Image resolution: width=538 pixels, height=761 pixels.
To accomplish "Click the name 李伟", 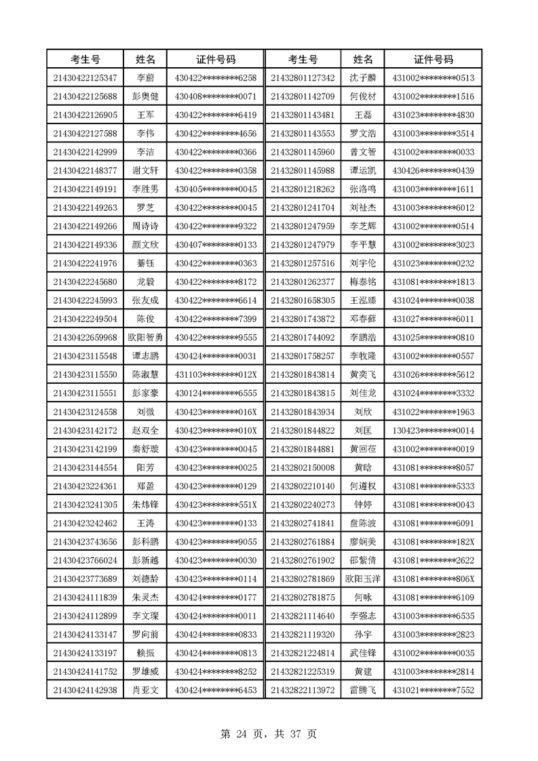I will (x=145, y=133).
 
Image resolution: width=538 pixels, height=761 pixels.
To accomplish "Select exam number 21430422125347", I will (x=85, y=78).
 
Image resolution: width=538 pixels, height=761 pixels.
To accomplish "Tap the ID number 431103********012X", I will (x=216, y=374).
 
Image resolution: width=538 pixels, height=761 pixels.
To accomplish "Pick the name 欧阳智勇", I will (x=145, y=337).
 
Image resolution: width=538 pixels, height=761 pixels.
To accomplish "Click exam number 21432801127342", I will (x=303, y=78).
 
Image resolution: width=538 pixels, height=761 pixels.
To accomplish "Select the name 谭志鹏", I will (x=145, y=356).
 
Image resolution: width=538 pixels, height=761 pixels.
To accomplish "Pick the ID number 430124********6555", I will (x=216, y=393).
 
